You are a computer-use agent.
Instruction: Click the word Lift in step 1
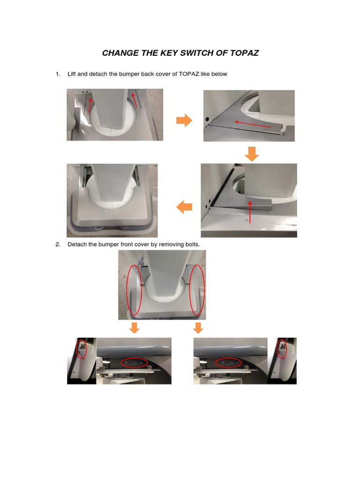click(x=73, y=74)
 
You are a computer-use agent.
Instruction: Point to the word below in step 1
click(x=219, y=74)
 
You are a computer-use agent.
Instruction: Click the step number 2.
click(x=58, y=245)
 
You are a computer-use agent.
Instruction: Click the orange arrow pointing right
click(x=184, y=121)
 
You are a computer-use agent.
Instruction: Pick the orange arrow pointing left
click(x=184, y=207)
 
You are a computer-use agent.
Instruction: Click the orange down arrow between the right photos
click(x=252, y=154)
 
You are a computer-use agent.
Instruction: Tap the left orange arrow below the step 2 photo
click(x=134, y=328)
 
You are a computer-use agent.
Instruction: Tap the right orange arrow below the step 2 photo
click(x=198, y=328)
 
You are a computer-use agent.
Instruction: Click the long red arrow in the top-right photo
click(x=253, y=124)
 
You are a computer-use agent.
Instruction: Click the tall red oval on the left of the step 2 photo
click(x=134, y=289)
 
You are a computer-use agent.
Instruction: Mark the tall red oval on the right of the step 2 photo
click(x=197, y=289)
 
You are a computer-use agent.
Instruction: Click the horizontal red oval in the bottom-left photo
click(x=134, y=363)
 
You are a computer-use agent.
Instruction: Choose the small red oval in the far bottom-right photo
click(x=282, y=349)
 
